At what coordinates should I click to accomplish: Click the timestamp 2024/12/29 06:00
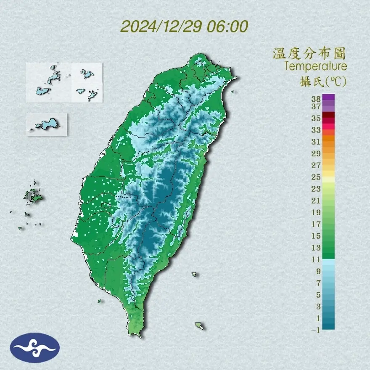(x=184, y=26)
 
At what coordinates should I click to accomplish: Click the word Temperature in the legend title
(x=315, y=66)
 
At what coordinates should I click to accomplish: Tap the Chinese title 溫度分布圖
(x=309, y=53)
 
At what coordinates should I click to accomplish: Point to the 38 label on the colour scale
(x=316, y=99)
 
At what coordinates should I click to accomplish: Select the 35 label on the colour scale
(x=316, y=118)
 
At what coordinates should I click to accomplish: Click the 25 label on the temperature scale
(x=316, y=177)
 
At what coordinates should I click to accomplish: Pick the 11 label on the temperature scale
(x=316, y=259)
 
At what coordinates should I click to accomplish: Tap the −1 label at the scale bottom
(x=316, y=330)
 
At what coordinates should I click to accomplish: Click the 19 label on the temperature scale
(x=316, y=212)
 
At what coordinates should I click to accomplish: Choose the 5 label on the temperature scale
(x=318, y=295)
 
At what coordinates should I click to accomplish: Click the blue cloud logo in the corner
(x=35, y=348)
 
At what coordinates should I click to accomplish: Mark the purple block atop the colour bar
(x=329, y=98)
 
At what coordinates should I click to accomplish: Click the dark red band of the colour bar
(x=329, y=115)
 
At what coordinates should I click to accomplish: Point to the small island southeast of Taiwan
(x=199, y=326)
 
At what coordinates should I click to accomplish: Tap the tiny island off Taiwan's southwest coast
(x=100, y=301)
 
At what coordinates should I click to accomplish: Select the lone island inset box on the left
(x=46, y=124)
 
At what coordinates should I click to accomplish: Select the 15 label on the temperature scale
(x=316, y=236)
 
